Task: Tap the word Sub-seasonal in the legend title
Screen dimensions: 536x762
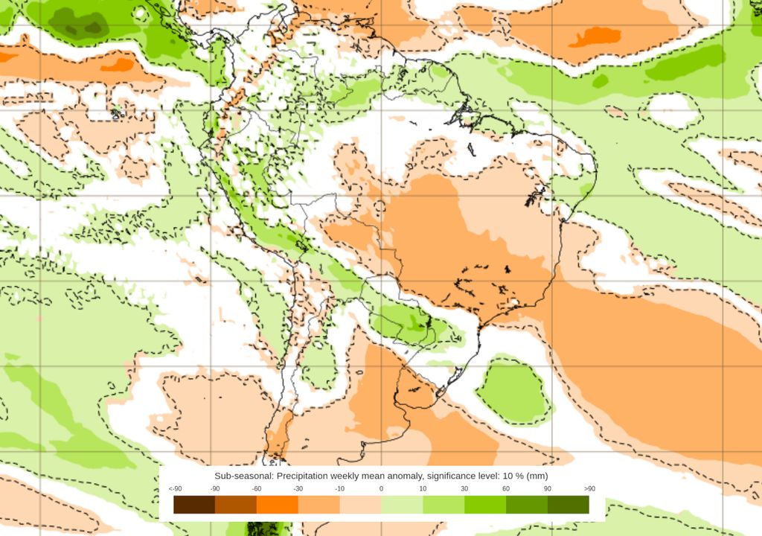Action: point(243,475)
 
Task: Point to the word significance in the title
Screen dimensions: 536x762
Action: point(452,475)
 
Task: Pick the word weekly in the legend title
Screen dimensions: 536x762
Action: point(353,475)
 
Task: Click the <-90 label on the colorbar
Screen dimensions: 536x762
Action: point(176,488)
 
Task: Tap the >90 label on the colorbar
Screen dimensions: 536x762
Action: point(590,488)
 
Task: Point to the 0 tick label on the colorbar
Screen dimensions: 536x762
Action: point(381,488)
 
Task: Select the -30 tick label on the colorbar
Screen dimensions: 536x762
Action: point(298,488)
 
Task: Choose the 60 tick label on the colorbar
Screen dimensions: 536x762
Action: point(506,488)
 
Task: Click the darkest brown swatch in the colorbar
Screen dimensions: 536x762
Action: point(194,505)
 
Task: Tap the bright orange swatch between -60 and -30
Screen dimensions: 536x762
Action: point(277,505)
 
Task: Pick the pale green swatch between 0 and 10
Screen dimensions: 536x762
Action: point(402,505)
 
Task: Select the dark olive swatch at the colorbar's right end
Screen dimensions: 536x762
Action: point(569,505)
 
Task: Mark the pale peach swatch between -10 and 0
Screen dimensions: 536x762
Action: point(360,505)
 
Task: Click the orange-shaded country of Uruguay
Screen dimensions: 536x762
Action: point(417,388)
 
